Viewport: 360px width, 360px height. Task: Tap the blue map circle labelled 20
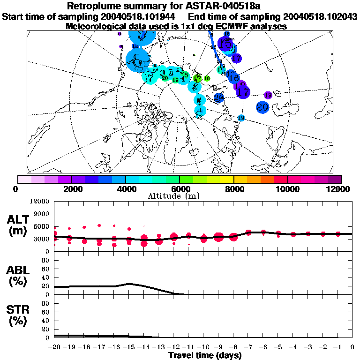tap(262, 107)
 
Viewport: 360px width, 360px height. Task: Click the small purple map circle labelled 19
tap(268, 95)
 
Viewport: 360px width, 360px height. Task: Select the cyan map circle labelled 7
tap(150, 78)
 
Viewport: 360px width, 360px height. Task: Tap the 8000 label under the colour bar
tap(233, 188)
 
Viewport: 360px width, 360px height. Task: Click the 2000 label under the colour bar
tap(71, 188)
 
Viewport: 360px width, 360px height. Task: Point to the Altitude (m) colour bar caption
tap(179, 196)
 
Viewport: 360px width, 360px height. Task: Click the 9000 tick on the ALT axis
tap(42, 214)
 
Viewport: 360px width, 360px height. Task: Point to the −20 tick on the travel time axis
tap(54, 347)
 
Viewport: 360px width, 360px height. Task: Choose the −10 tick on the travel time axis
tap(203, 347)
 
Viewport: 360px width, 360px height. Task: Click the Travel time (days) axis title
tap(205, 356)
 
